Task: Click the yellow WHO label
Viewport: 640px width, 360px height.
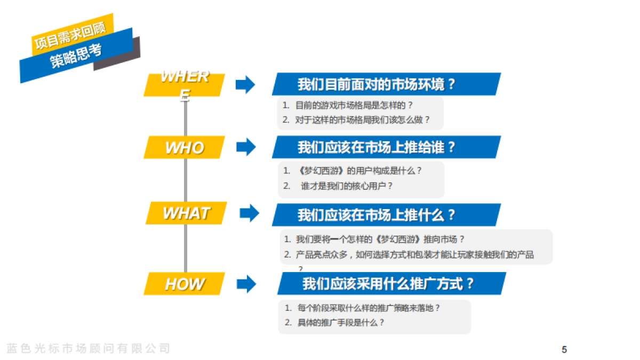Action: coord(184,148)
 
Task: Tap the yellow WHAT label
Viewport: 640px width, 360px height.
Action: coord(186,213)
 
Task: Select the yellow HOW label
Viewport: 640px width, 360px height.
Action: coord(184,284)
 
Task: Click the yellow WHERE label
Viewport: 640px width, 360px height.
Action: coord(184,84)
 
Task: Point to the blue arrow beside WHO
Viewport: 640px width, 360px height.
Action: coord(246,147)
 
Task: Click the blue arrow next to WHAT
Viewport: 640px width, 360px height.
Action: coord(249,213)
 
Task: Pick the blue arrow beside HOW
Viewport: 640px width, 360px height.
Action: coord(246,284)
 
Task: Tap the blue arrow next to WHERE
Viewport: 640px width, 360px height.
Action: coord(245,84)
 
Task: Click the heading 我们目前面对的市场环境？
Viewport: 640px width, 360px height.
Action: coord(377,84)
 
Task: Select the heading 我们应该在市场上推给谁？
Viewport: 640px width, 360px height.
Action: coord(377,147)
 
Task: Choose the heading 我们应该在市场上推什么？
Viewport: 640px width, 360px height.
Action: coord(377,215)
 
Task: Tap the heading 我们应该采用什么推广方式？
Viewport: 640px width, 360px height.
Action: coord(388,284)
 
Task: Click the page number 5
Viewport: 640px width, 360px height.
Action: coord(564,350)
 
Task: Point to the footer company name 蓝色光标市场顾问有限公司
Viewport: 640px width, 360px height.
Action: coord(89,349)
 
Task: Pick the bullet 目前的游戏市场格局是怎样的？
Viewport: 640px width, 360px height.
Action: coord(354,106)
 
